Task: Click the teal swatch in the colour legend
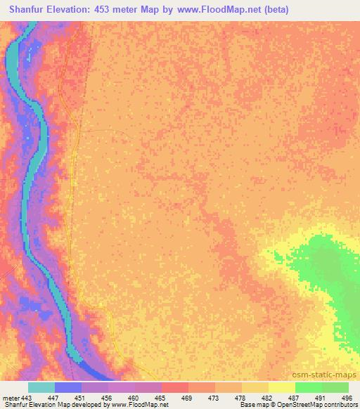[41, 387]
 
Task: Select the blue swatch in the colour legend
[68, 387]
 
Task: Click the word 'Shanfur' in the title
[26, 11]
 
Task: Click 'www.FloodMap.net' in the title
[220, 11]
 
